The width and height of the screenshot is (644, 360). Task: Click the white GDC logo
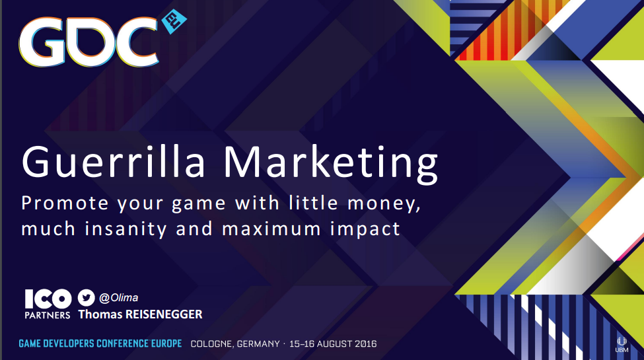89,42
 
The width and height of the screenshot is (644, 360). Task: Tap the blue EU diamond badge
174,21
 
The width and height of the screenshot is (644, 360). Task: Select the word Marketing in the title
331,163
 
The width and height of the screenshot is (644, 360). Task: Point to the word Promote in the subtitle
65,203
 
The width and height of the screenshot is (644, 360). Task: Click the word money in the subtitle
384,204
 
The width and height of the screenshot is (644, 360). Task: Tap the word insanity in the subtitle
125,229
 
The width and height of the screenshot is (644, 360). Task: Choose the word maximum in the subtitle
271,229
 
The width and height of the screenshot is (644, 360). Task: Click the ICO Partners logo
48,304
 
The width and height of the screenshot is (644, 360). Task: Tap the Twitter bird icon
87,297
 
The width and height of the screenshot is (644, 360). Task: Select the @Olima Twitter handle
118,297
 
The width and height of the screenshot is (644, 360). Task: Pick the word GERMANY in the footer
258,343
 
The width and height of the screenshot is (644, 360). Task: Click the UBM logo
622,344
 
